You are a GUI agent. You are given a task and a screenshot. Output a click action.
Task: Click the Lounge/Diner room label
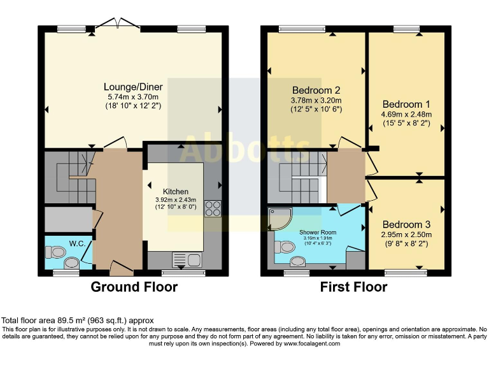click(x=133, y=87)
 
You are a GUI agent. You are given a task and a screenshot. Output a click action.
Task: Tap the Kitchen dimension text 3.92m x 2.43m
click(x=176, y=199)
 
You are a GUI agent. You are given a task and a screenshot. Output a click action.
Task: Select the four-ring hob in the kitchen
click(x=213, y=208)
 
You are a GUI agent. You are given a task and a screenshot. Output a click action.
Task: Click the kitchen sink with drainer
click(x=187, y=260)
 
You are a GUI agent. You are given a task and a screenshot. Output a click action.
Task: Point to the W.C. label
click(x=77, y=244)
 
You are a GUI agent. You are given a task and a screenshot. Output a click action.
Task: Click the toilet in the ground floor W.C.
click(x=55, y=252)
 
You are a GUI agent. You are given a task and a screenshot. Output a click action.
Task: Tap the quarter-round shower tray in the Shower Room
click(x=280, y=219)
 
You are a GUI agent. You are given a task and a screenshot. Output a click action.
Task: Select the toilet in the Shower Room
click(x=285, y=247)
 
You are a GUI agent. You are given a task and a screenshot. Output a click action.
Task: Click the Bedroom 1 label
click(x=406, y=104)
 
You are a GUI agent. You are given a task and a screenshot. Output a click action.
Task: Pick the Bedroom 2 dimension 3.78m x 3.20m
click(x=316, y=101)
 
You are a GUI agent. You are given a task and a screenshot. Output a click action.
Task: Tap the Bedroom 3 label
click(x=406, y=224)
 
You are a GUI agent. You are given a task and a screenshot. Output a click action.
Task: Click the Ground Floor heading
click(x=134, y=287)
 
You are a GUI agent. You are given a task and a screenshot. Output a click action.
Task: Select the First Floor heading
click(x=353, y=287)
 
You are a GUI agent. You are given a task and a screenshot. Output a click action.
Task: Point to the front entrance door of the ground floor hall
click(x=122, y=268)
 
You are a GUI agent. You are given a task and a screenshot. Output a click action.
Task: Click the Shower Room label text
click(x=318, y=232)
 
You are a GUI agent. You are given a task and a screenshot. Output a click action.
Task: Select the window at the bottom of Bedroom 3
click(x=406, y=273)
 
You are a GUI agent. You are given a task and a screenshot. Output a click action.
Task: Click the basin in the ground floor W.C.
click(x=72, y=263)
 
